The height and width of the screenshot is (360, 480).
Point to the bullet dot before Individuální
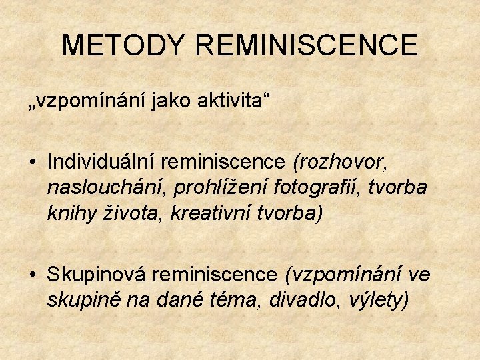point(32,163)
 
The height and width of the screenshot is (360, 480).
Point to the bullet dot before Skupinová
point(32,274)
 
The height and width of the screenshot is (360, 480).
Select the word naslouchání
point(107,188)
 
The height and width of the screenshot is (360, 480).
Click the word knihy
point(71,214)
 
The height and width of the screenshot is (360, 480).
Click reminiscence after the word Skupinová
point(218,273)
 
